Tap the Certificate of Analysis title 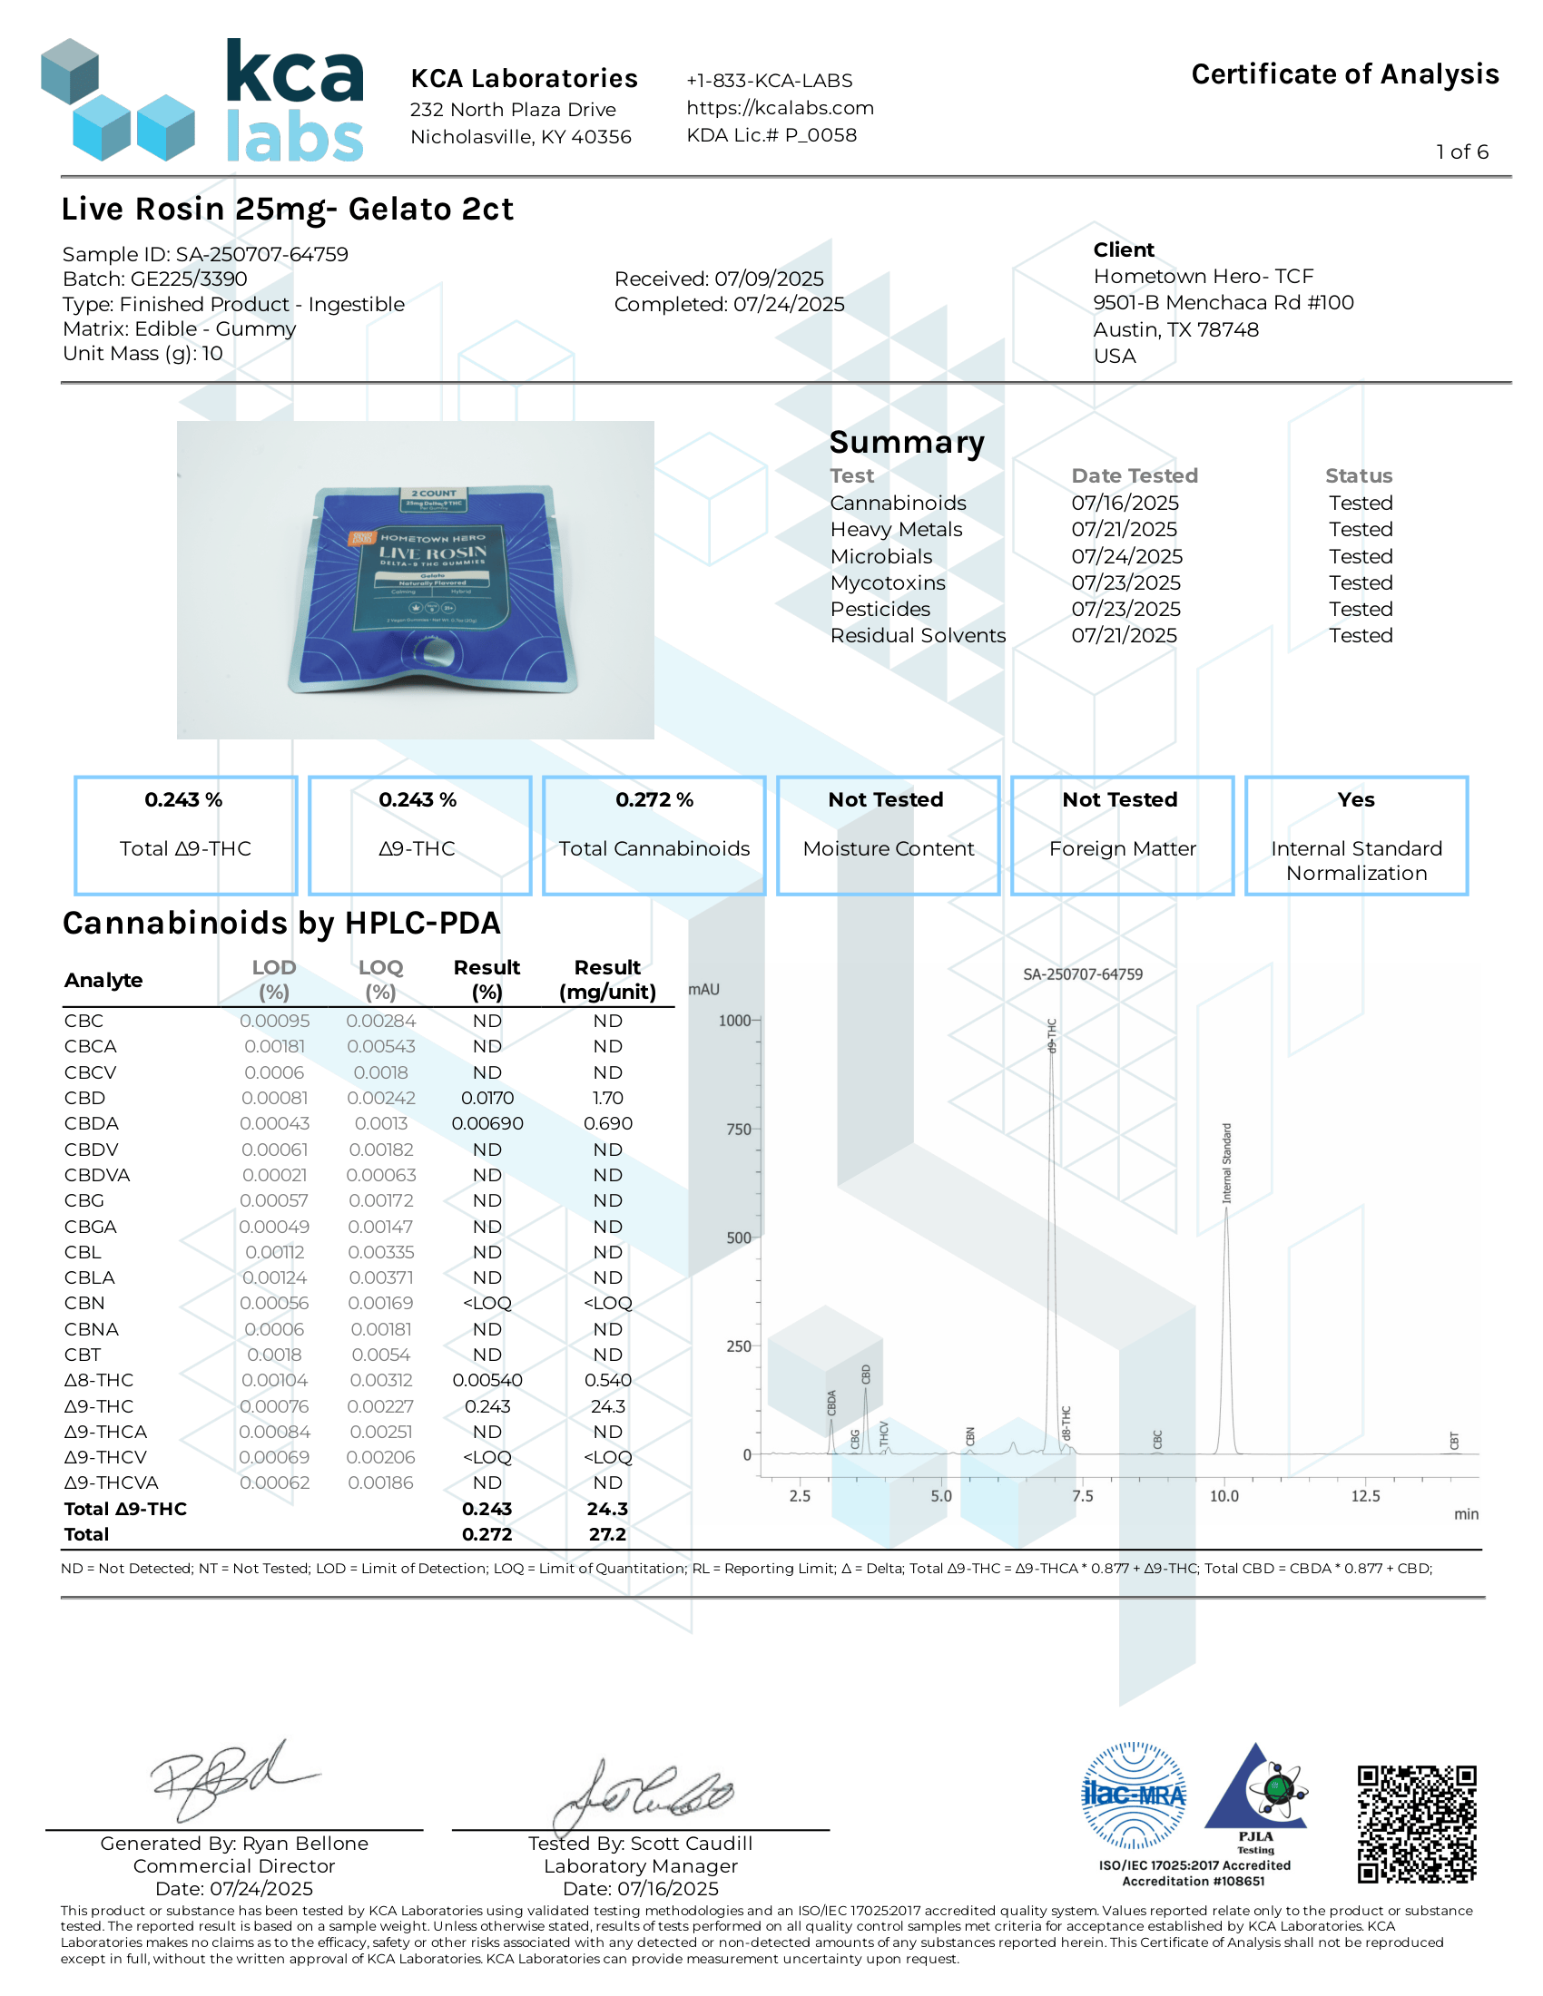click(1343, 74)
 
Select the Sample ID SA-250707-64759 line click(206, 254)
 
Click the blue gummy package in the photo click(433, 590)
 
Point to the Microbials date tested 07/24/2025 click(1126, 555)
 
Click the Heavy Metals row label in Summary click(896, 529)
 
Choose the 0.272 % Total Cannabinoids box click(654, 835)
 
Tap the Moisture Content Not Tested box click(888, 835)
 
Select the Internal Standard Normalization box click(1356, 835)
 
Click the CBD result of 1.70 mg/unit click(608, 1098)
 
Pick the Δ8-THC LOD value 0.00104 click(274, 1380)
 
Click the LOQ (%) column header click(380, 979)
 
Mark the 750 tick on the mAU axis click(739, 1130)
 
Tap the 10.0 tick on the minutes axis click(1224, 1496)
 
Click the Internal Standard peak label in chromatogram click(1227, 1162)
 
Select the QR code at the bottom click(1416, 1825)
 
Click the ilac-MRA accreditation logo click(1134, 1795)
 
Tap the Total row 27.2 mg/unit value click(608, 1534)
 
